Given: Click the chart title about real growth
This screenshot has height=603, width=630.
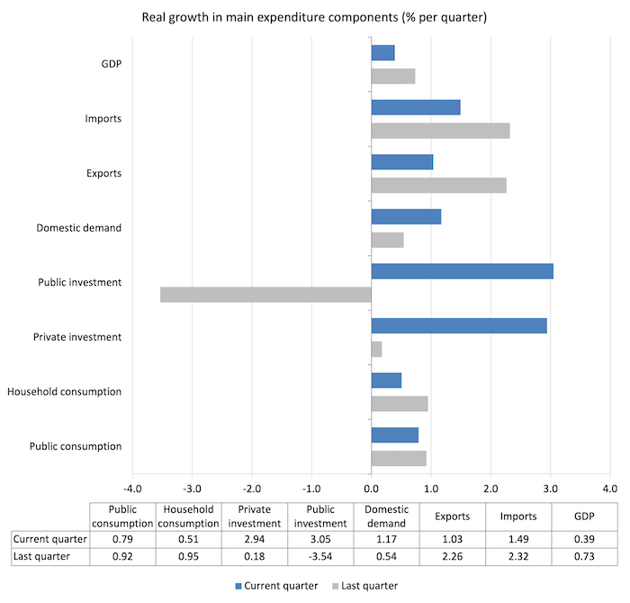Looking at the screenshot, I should point(314,18).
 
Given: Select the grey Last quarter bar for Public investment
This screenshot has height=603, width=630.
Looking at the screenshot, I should point(265,295).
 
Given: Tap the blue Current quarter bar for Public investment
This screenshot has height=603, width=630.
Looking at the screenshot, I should point(462,271).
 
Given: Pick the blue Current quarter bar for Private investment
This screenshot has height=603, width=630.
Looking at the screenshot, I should point(459,326).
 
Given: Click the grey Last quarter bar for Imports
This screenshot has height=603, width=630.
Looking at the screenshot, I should point(440,131).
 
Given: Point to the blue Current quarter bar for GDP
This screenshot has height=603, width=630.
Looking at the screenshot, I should point(382,53).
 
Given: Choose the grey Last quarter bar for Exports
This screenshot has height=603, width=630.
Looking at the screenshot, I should point(438,186).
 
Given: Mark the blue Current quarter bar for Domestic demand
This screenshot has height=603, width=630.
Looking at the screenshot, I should point(406,216).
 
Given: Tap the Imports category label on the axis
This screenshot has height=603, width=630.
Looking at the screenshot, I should point(103,119).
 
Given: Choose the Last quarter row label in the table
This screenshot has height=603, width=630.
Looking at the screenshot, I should point(49,556).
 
